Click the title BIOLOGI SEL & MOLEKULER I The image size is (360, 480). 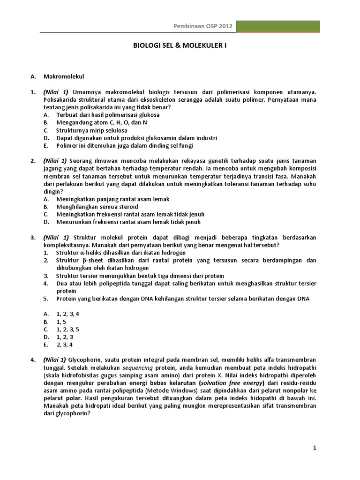(180, 46)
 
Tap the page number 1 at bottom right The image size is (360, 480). (315, 448)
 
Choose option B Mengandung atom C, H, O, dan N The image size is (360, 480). (101, 122)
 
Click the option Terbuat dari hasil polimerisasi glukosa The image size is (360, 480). (108, 115)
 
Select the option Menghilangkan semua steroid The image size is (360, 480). (97, 207)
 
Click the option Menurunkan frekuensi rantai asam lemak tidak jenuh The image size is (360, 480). (128, 222)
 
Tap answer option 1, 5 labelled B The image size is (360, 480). (61, 322)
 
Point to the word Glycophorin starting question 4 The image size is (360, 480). (87, 360)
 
